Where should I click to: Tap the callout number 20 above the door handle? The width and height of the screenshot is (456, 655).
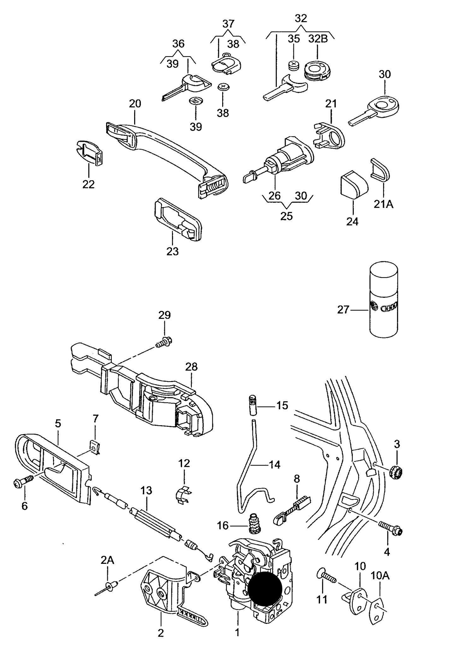pyautogui.click(x=135, y=104)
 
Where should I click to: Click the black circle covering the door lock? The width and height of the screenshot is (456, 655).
pyautogui.click(x=264, y=588)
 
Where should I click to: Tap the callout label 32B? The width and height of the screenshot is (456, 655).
pyautogui.click(x=318, y=39)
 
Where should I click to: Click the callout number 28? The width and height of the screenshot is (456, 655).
pyautogui.click(x=191, y=366)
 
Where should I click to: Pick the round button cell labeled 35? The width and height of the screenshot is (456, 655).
pyautogui.click(x=293, y=65)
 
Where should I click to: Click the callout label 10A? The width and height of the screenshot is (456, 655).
pyautogui.click(x=380, y=576)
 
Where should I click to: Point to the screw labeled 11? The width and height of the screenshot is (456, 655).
pyautogui.click(x=327, y=576)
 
